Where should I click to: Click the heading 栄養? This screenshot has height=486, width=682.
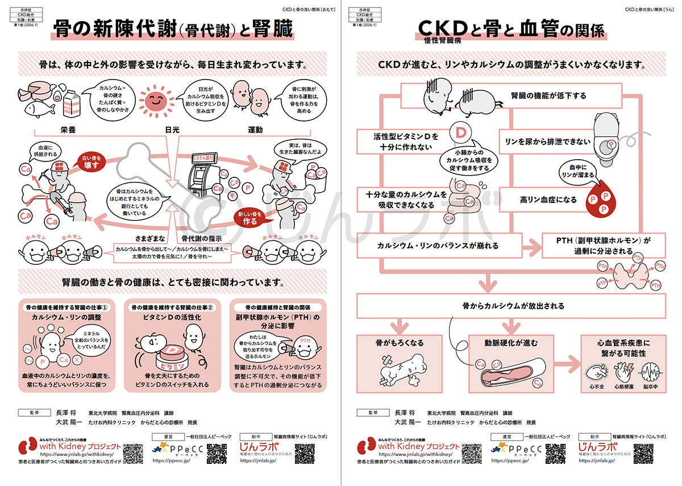click(68, 130)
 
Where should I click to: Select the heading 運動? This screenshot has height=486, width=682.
click(255, 130)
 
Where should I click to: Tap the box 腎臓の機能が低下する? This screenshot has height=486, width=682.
click(548, 95)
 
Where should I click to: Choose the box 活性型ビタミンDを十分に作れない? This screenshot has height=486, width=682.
click(398, 142)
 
